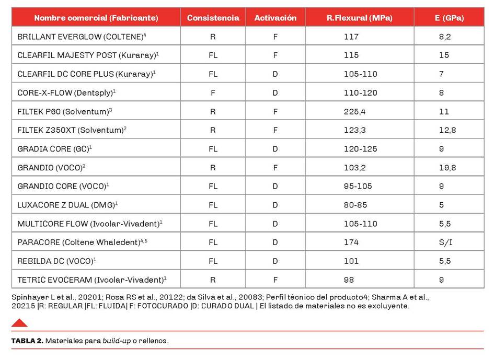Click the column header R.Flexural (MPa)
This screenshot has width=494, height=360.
pos(359,18)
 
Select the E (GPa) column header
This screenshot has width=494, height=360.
pos(449,18)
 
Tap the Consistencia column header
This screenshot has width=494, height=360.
pos(213,18)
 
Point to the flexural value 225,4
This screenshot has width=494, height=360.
pos(354,111)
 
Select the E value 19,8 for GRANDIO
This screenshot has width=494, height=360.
pos(447,167)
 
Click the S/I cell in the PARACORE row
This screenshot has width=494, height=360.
pos(445,242)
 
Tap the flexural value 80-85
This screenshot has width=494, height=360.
pos(355,205)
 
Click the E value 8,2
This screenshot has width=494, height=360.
pos(445,37)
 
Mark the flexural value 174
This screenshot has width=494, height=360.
pos(351,242)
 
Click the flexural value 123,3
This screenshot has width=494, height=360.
pos(354,130)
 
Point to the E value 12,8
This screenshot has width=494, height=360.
pos(447,130)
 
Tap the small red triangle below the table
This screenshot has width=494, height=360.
pos(19,323)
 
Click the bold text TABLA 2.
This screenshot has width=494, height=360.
pos(27,341)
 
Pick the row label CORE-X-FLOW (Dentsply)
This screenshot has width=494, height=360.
pos(66,92)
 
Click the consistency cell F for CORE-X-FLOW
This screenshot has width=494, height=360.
pos(213,92)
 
